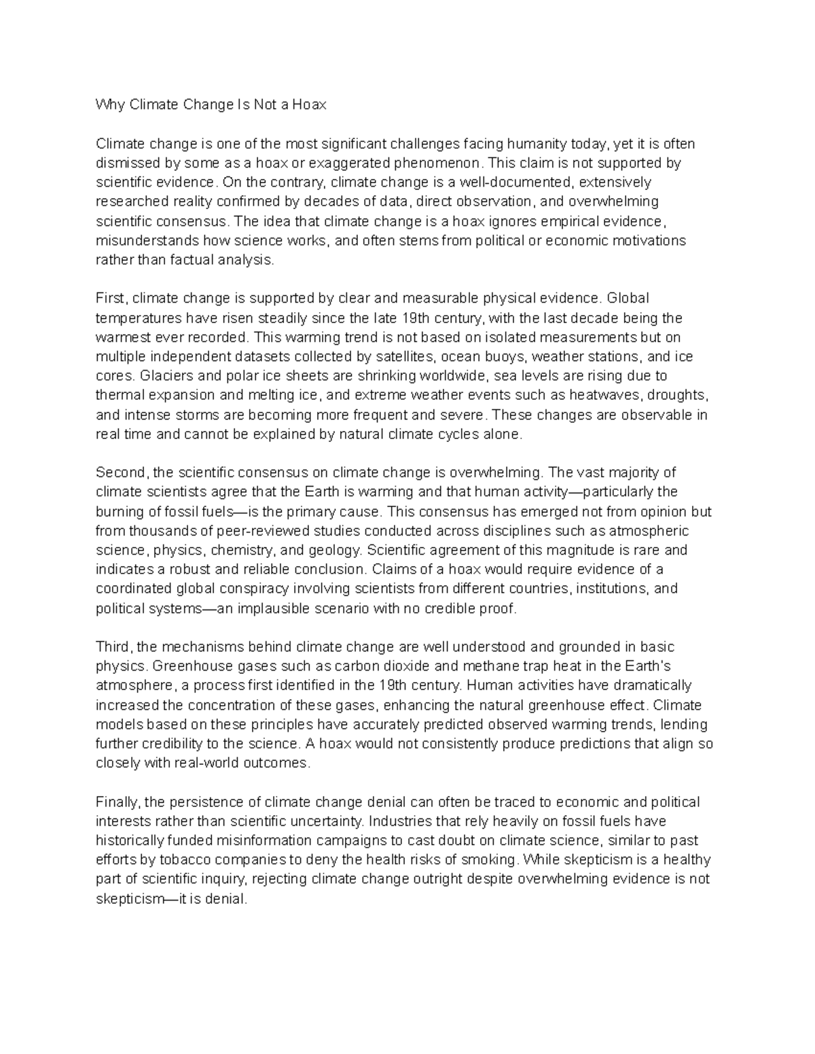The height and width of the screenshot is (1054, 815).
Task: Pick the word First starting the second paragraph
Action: (111, 298)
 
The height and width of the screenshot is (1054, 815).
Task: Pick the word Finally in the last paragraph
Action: (117, 802)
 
